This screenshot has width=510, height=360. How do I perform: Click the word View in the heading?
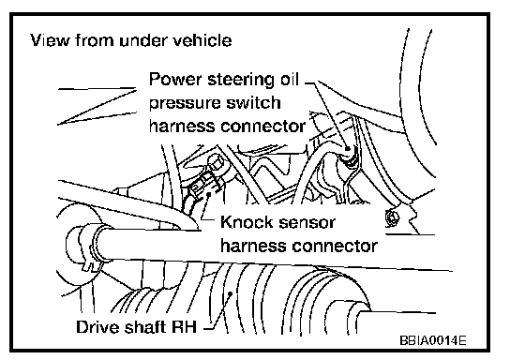[50, 40]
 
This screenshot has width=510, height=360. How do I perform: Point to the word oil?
[290, 79]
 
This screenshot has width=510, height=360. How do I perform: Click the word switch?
[253, 102]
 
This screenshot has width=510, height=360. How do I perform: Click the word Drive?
[97, 326]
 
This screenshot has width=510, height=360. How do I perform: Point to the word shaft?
[145, 326]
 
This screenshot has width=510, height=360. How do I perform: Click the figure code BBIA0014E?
[433, 340]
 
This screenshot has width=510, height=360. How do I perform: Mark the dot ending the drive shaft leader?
[231, 293]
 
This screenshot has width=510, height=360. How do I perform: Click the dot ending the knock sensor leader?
[208, 194]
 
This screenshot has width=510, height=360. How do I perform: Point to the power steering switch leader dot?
[348, 149]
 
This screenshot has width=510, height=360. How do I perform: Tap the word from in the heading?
[95, 40]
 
